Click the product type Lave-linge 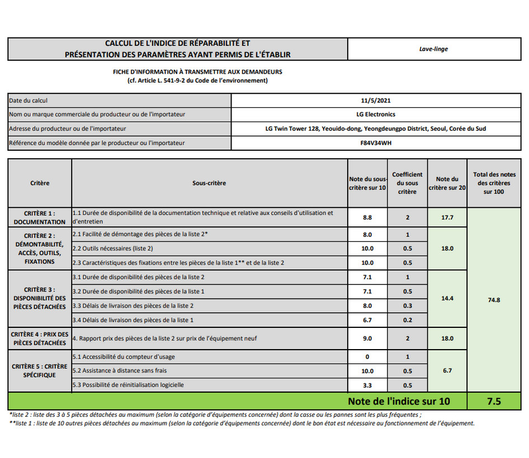pyautogui.click(x=433, y=49)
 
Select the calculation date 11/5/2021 pyautogui.click(x=375, y=101)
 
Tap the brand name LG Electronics pyautogui.click(x=375, y=115)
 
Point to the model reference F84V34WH pyautogui.click(x=375, y=143)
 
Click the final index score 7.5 pyautogui.click(x=494, y=401)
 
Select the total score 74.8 pyautogui.click(x=494, y=300)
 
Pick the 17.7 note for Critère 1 pyautogui.click(x=447, y=217)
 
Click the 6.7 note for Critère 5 pyautogui.click(x=447, y=370)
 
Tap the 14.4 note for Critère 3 pyautogui.click(x=447, y=298)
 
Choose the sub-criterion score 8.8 pyautogui.click(x=367, y=217)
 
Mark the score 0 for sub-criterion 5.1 pyautogui.click(x=367, y=356)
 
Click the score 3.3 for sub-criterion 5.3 pyautogui.click(x=367, y=385)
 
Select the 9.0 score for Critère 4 pyautogui.click(x=367, y=338)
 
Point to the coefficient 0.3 pyautogui.click(x=407, y=306)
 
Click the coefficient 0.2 pyautogui.click(x=407, y=320)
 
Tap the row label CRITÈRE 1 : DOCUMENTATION pyautogui.click(x=40, y=217)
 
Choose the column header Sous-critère pyautogui.click(x=209, y=183)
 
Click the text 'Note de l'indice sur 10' pyautogui.click(x=398, y=401)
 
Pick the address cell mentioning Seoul pyautogui.click(x=375, y=128)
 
